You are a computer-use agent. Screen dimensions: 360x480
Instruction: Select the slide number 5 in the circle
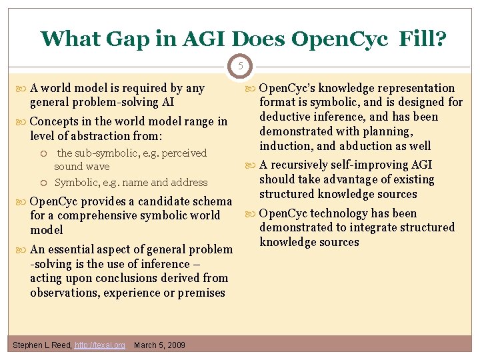[x=240, y=66]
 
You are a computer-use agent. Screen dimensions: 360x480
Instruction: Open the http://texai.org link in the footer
[x=100, y=345]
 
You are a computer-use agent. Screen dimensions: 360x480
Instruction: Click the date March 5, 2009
[x=160, y=345]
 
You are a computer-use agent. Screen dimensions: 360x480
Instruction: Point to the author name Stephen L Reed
[x=41, y=345]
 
